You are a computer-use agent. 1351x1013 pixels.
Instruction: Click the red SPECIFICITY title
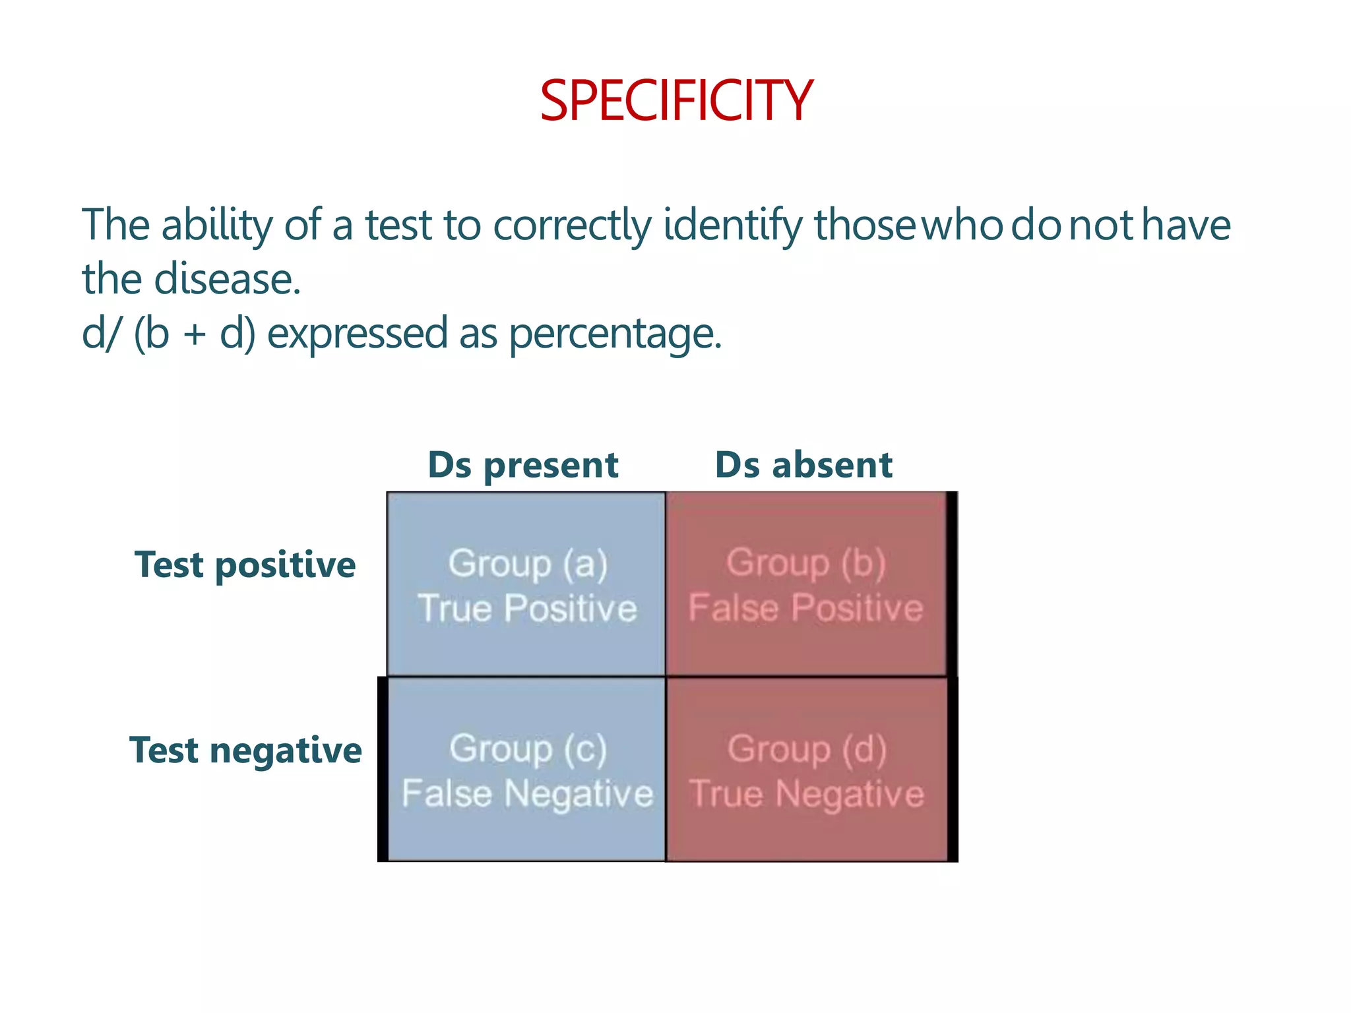676,101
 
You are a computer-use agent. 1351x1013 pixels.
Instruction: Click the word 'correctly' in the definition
572,226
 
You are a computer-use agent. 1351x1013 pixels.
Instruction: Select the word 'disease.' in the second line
228,279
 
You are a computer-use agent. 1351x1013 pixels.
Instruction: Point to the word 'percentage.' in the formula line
615,334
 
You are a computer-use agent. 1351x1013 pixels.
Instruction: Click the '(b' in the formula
152,333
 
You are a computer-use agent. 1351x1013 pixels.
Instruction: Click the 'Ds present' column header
523,465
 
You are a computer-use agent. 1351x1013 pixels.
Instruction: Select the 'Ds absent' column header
803,465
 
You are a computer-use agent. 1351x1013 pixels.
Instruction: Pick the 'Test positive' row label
245,565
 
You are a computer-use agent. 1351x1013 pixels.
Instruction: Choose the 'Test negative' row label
245,751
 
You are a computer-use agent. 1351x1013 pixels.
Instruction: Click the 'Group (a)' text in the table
528,564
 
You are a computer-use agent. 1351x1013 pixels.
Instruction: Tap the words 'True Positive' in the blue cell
528,607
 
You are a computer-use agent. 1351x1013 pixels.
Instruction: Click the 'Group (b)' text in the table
806,563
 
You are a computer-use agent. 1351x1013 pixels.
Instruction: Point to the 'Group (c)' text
528,749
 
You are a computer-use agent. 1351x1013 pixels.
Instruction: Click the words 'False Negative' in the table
528,793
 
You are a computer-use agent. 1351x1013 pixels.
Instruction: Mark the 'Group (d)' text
807,749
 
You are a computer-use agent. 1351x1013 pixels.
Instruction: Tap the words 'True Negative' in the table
807,793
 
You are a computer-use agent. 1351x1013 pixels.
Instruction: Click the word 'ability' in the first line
216,226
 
